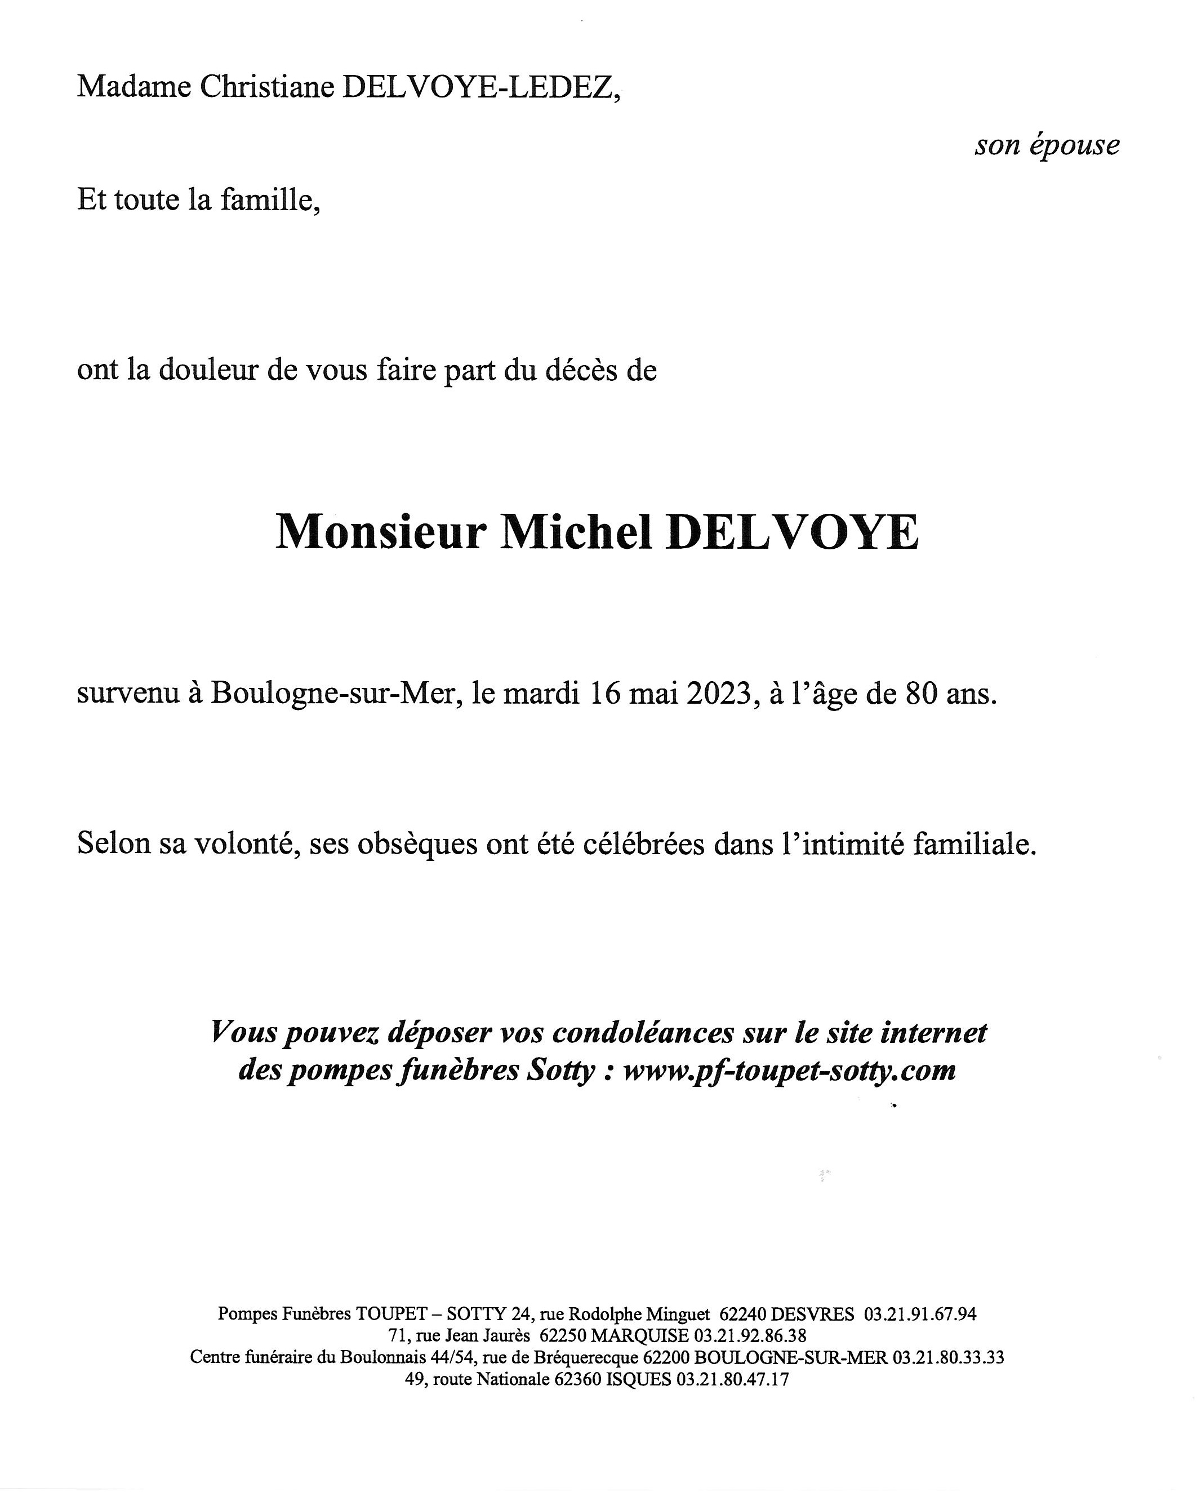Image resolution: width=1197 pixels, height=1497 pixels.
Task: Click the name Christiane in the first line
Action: pos(266,87)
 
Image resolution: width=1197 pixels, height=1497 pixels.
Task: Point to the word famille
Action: pos(270,201)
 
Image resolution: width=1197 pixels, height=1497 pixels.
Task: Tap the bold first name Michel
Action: pos(576,533)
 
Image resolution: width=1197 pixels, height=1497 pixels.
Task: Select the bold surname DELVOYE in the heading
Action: pos(792,533)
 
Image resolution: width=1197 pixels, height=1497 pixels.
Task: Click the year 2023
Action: pos(722,694)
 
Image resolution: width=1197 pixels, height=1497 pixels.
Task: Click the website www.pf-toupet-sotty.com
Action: pos(789,1070)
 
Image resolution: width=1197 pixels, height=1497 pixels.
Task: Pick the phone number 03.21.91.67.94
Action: pos(920,1314)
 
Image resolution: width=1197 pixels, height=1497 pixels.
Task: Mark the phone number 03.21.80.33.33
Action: pos(947,1357)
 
